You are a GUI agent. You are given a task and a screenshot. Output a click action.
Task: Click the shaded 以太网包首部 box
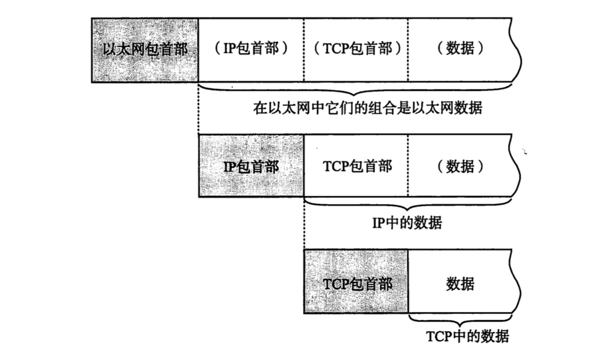click(145, 50)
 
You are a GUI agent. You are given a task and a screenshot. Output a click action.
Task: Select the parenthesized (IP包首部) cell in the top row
click(250, 50)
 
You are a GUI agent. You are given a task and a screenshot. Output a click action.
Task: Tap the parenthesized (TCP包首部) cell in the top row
click(356, 50)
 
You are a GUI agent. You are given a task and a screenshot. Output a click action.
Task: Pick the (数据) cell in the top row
click(460, 50)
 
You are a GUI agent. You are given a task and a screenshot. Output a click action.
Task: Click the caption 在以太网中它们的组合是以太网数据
click(368, 108)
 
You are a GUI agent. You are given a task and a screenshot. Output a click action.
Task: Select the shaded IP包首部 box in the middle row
click(251, 166)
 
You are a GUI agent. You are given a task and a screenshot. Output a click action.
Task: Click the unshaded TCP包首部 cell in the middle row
click(356, 166)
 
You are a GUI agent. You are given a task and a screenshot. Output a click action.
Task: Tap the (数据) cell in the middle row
click(460, 166)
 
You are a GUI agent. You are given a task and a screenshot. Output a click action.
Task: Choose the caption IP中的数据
click(407, 223)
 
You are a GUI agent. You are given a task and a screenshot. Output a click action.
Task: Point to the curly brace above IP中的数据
click(407, 204)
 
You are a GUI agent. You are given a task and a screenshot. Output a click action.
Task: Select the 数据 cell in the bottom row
click(460, 282)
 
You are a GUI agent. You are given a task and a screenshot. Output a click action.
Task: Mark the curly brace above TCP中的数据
click(460, 319)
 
